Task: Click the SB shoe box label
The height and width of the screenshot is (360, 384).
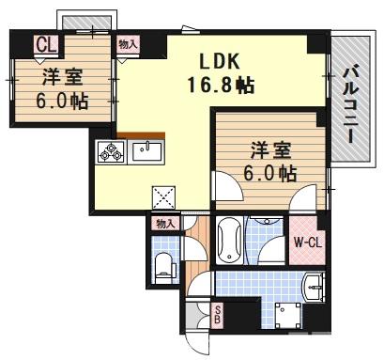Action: [218, 316]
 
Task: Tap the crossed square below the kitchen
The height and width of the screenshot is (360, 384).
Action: [164, 198]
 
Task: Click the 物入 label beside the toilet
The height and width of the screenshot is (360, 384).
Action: [165, 223]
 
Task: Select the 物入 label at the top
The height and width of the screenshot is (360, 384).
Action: [128, 43]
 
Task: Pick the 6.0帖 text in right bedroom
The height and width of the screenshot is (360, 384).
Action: [273, 174]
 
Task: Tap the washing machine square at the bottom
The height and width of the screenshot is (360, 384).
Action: [285, 313]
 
